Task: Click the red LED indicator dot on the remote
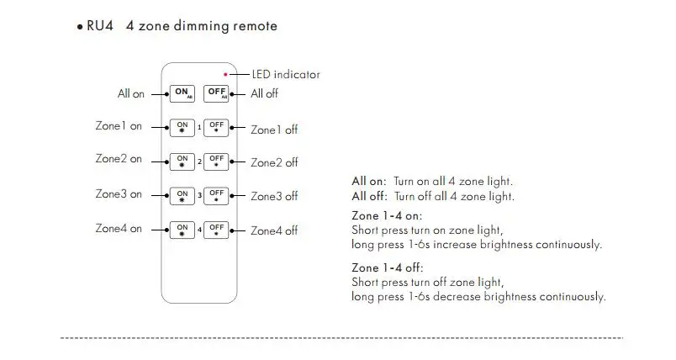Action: [225, 74]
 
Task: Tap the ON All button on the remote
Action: [182, 93]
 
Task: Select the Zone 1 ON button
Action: [182, 128]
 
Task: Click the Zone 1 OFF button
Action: [216, 128]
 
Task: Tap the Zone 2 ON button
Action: [182, 161]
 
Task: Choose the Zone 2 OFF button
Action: [216, 161]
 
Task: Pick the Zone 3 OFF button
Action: [216, 195]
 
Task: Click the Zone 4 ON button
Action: [182, 229]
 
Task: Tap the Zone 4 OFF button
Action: [216, 229]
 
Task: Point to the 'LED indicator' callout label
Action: [286, 75]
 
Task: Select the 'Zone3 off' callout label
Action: [274, 197]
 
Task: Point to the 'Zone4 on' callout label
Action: [119, 229]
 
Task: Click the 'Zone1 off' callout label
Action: [274, 130]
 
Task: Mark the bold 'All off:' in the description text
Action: [369, 197]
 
